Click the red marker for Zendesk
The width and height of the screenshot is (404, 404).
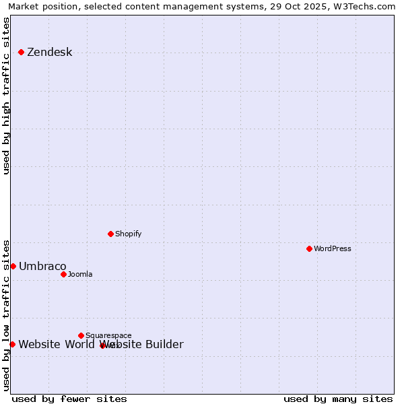pyautogui.click(x=22, y=52)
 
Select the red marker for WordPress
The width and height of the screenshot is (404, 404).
pyautogui.click(x=309, y=248)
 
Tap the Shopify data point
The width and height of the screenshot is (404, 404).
pyautogui.click(x=110, y=234)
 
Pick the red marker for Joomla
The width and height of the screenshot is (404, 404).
pyautogui.click(x=63, y=274)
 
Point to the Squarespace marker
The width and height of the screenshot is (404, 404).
pyautogui.click(x=81, y=335)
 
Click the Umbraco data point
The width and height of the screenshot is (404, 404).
pyautogui.click(x=13, y=266)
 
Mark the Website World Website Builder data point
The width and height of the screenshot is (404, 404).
pyautogui.click(x=12, y=344)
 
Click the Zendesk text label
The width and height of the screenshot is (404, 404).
pyautogui.click(x=49, y=53)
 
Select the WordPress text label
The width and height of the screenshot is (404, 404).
pyautogui.click(x=333, y=249)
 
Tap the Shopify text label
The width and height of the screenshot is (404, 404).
pyautogui.click(x=128, y=234)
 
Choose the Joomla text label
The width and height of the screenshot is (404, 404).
pyautogui.click(x=80, y=275)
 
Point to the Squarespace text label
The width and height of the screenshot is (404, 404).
pyautogui.click(x=108, y=336)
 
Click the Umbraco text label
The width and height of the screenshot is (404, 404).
pyautogui.click(x=42, y=267)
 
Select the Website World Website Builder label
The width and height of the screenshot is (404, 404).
pyautogui.click(x=100, y=345)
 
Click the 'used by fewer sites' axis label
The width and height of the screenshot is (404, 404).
pyautogui.click(x=69, y=399)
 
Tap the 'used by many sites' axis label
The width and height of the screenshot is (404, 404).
pyautogui.click(x=338, y=399)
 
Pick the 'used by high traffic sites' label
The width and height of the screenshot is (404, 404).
pyautogui.click(x=6, y=96)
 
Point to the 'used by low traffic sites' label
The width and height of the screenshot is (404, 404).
pyautogui.click(x=6, y=314)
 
